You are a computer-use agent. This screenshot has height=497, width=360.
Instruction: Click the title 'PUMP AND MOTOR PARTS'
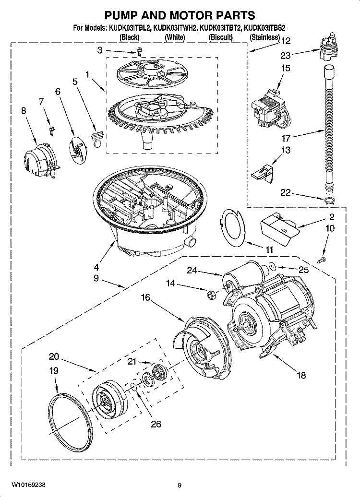tap(180, 16)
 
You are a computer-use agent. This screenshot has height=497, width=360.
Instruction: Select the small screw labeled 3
tap(139, 50)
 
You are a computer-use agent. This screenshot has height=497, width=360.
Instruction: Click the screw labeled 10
tap(323, 260)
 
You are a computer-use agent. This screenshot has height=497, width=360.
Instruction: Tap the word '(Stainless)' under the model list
tap(264, 37)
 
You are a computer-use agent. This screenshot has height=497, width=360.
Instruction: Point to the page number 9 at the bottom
tap(179, 485)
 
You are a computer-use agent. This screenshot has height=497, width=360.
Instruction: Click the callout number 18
tap(301, 376)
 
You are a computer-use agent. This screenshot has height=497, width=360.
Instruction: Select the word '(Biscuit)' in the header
tap(221, 37)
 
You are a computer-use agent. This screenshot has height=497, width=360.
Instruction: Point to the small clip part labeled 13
tap(263, 170)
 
